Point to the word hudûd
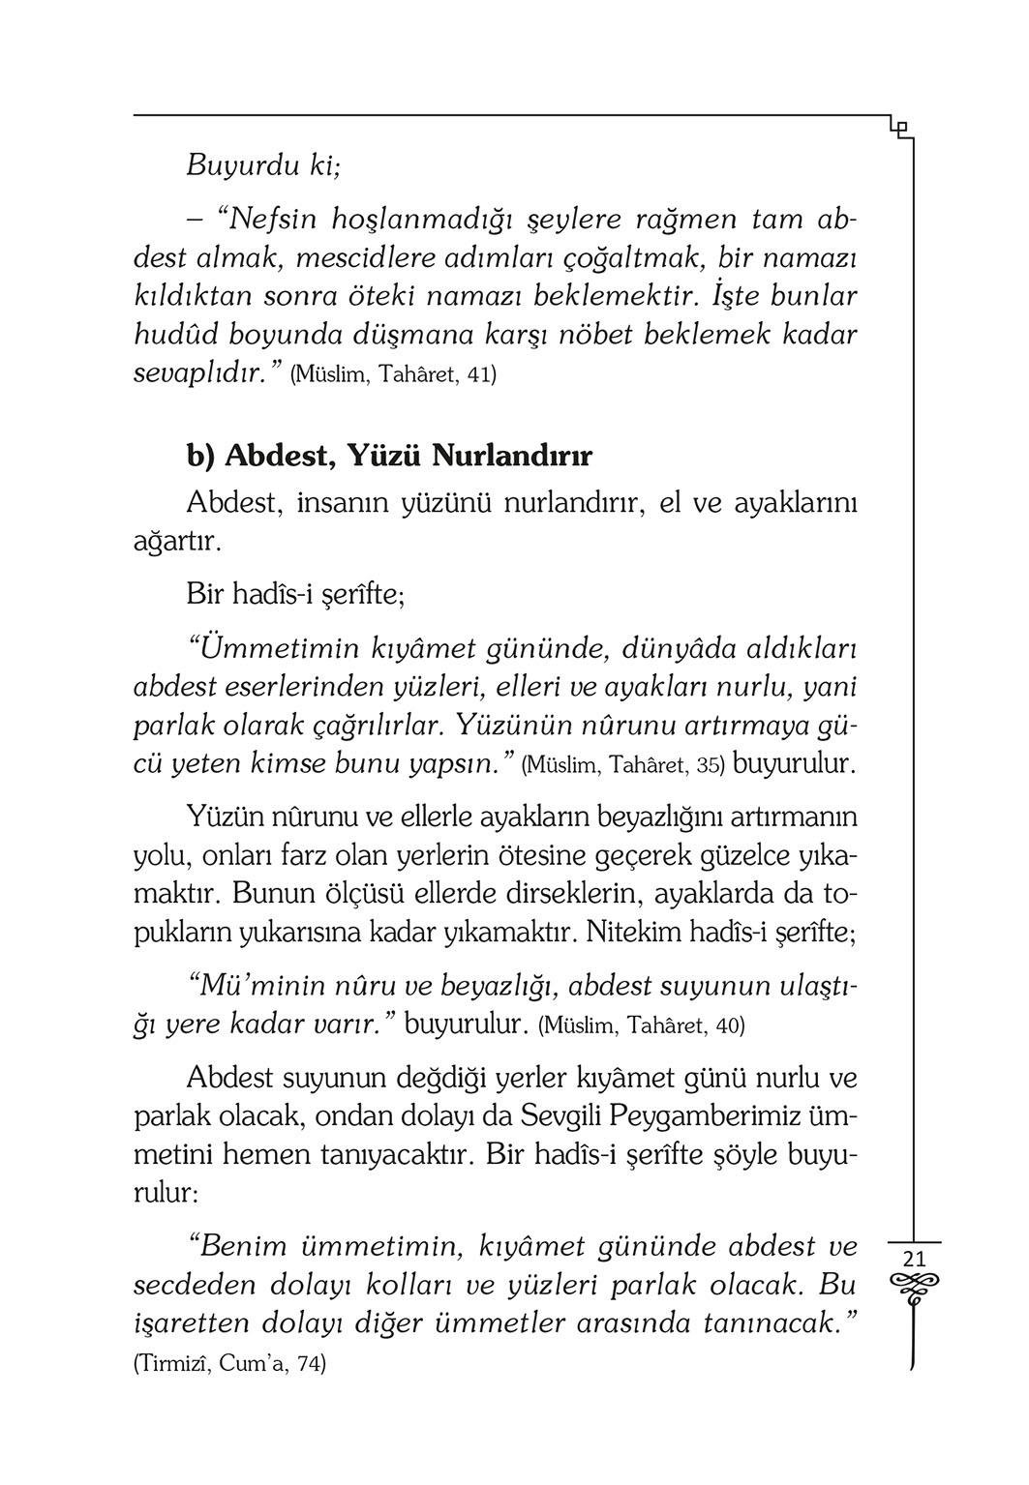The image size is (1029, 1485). [175, 335]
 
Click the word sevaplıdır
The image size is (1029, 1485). [198, 373]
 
